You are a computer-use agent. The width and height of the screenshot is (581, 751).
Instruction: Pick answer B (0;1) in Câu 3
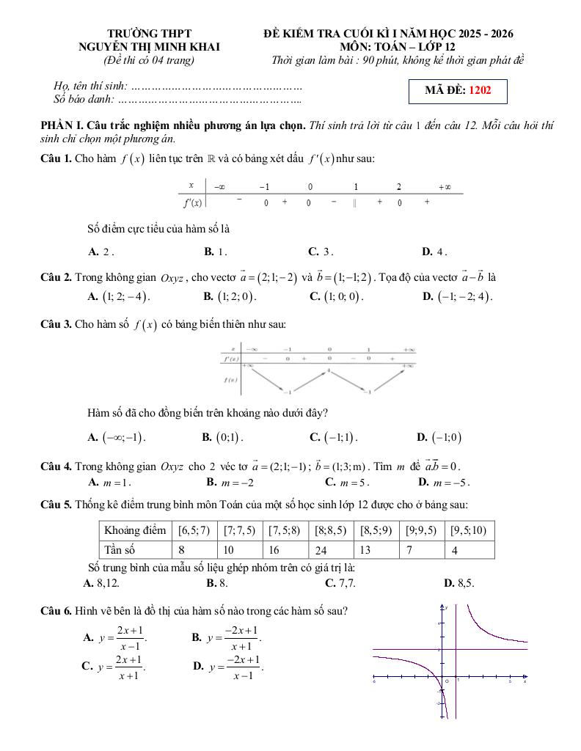(x=222, y=437)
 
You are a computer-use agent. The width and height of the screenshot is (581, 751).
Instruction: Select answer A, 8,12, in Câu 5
(x=102, y=583)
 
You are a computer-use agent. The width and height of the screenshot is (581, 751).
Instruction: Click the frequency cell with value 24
(x=332, y=549)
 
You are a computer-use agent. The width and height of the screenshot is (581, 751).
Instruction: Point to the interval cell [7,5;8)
(x=285, y=530)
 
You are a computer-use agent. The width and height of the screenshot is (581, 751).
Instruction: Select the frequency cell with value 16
(x=285, y=549)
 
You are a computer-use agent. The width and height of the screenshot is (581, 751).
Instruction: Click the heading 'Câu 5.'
(x=56, y=505)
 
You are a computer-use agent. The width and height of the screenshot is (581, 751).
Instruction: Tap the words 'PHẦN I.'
(x=62, y=125)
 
